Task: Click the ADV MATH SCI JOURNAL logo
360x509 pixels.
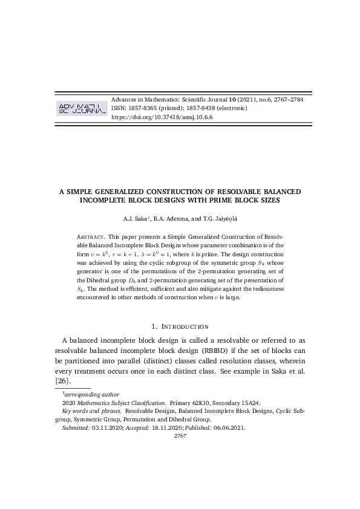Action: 81,108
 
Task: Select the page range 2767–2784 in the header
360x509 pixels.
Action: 287,99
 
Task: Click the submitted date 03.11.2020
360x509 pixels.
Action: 106,427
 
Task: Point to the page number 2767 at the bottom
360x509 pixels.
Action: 180,436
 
